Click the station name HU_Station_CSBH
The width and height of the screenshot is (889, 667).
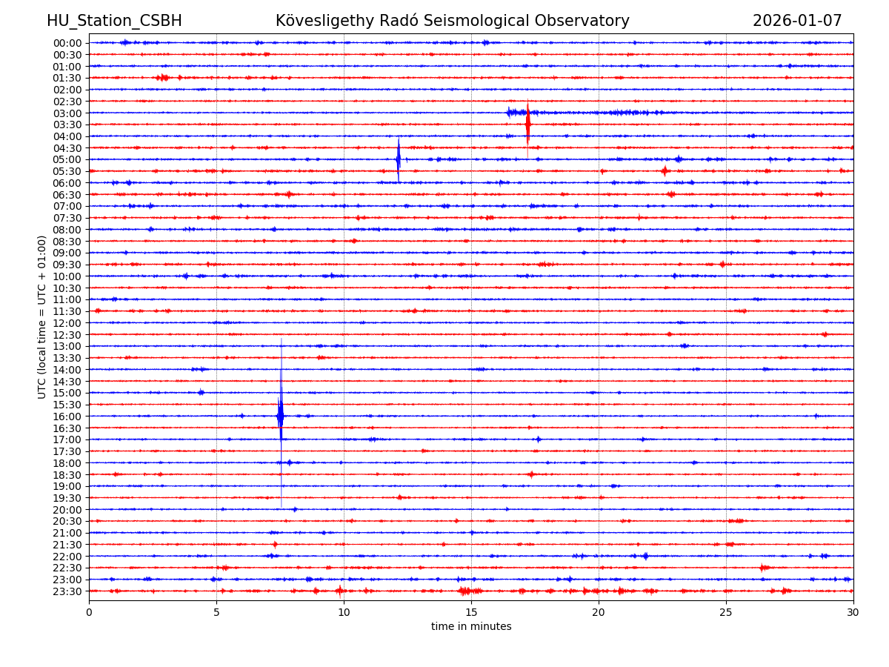pos(114,21)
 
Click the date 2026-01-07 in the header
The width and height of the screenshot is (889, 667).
pos(797,21)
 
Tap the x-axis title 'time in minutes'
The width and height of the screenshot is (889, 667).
pos(471,627)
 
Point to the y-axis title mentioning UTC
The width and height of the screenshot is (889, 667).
pos(42,316)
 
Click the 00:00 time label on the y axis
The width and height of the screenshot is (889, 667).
pos(67,43)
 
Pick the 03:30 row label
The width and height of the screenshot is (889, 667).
pos(67,125)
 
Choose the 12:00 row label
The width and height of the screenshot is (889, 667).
pos(67,323)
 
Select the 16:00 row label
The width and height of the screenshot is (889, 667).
pos(67,417)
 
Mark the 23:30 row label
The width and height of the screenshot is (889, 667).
pos(67,591)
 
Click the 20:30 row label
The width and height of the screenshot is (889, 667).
pos(67,521)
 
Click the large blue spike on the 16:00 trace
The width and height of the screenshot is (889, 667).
pos(281,416)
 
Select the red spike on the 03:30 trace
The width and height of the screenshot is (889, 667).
pos(527,124)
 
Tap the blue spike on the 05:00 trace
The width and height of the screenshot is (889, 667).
pos(399,159)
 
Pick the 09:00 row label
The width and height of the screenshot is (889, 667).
pos(67,253)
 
